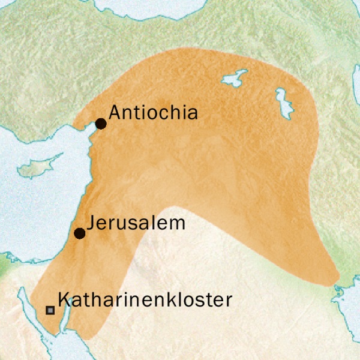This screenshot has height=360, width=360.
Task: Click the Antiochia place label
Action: [x=154, y=112]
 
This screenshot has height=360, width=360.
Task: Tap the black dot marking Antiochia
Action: [x=101, y=124]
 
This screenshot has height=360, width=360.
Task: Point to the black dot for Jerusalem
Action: [x=79, y=233]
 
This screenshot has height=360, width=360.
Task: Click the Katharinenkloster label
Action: [x=145, y=299]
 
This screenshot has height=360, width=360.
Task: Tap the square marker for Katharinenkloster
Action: [x=50, y=310]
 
